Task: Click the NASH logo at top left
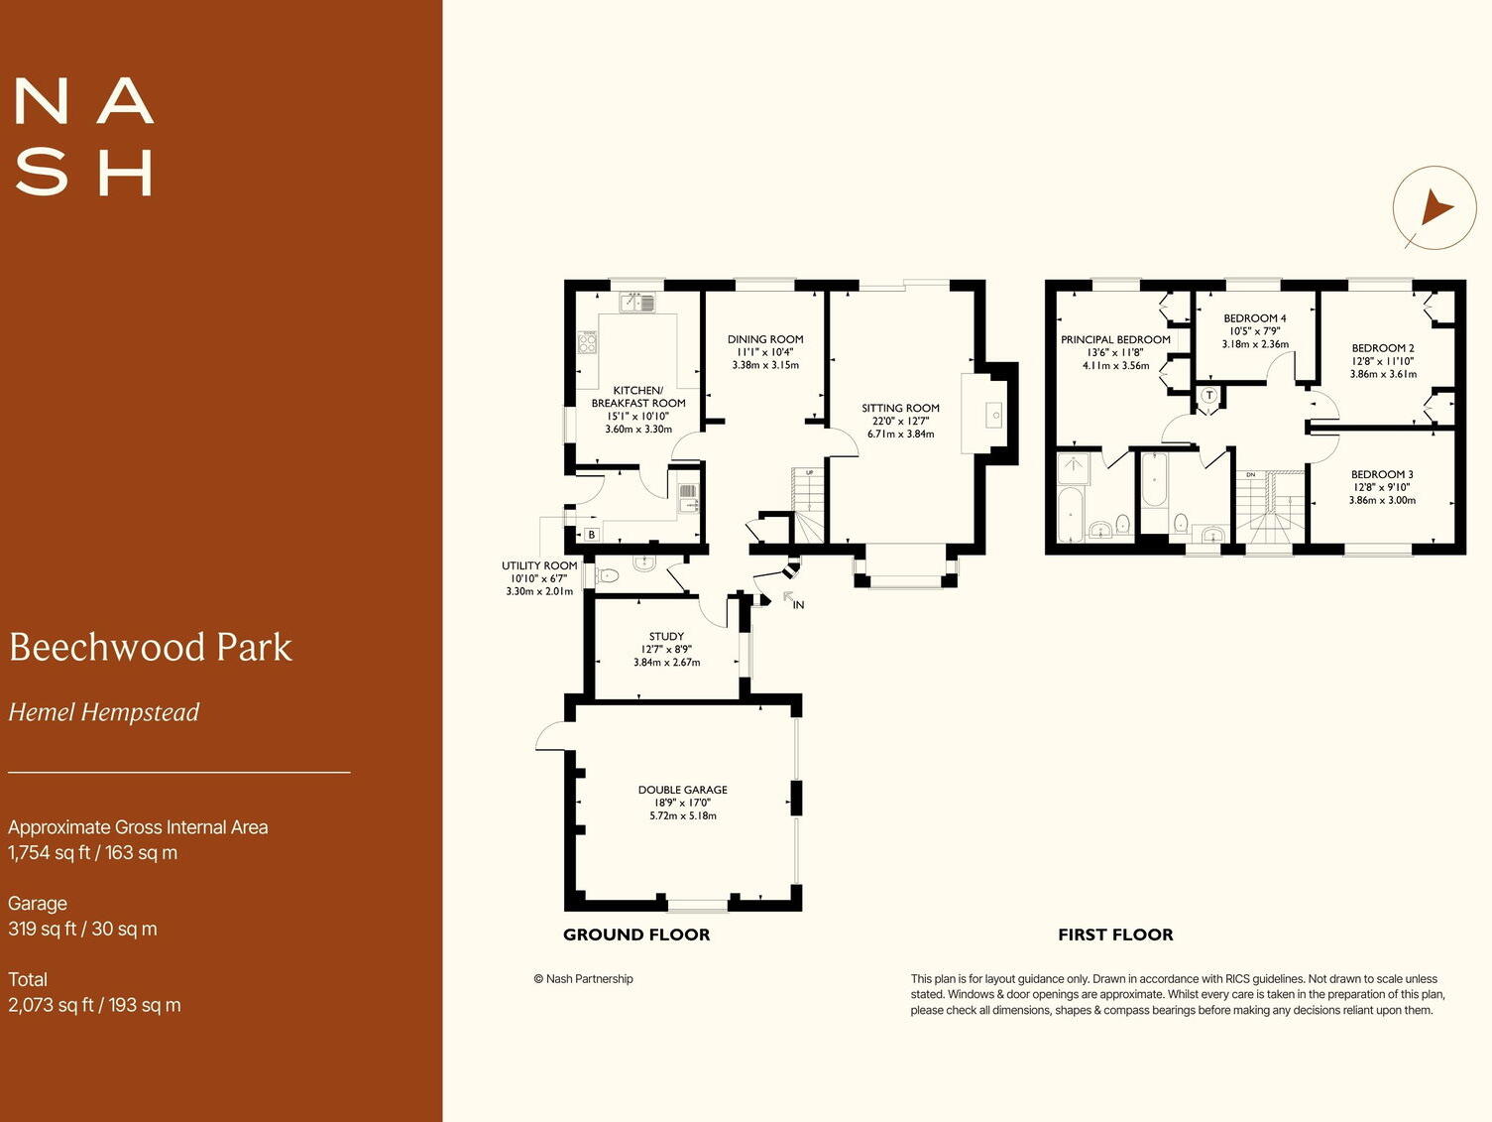(x=84, y=137)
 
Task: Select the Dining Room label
(x=765, y=339)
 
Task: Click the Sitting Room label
(x=900, y=408)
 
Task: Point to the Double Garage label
(x=683, y=790)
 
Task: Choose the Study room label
(x=666, y=637)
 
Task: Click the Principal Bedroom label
(x=1115, y=339)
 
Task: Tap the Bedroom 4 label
(x=1254, y=318)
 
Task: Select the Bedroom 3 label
(x=1382, y=474)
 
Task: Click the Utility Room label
(x=539, y=565)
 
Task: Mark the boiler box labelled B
(x=592, y=535)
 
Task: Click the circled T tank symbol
(x=1208, y=395)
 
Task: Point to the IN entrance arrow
(x=792, y=599)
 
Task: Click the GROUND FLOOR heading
(x=636, y=935)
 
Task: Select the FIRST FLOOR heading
(x=1115, y=935)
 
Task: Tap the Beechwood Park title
(x=151, y=647)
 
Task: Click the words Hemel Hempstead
(x=104, y=712)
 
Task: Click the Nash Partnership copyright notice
(x=583, y=979)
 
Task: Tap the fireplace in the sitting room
(x=993, y=415)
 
